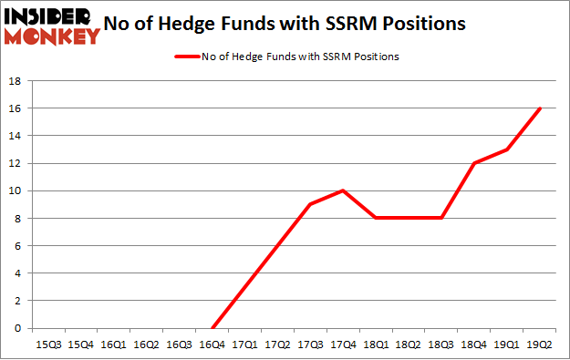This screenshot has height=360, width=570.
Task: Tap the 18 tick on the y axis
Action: coord(16,80)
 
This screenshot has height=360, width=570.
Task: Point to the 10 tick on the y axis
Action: coord(16,190)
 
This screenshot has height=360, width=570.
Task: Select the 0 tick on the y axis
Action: coord(18,328)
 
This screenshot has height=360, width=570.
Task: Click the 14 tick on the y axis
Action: coord(16,136)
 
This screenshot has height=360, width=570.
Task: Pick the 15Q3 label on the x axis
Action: coord(48,344)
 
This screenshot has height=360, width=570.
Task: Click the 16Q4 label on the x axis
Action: coord(212,344)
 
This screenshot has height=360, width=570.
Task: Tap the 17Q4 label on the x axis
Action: coord(344,344)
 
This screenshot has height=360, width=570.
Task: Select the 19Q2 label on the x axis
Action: coord(541,344)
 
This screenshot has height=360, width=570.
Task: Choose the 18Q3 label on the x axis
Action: coord(442,344)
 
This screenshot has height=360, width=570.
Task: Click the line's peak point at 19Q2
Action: coord(541,108)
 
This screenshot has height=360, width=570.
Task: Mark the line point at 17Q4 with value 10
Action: coord(344,190)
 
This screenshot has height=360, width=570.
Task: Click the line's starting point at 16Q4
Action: coord(212,328)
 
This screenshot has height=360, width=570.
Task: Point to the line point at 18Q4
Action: coord(475,163)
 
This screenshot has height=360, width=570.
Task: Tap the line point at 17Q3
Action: coord(311,204)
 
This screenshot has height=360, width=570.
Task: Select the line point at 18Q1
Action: coord(377,218)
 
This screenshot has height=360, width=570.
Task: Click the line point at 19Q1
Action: coord(508,149)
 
